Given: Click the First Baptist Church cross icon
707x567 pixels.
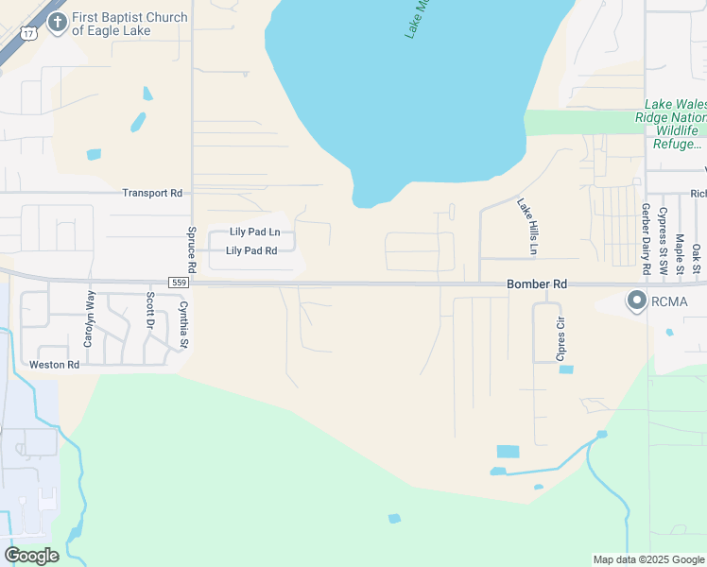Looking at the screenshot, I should coord(58,23).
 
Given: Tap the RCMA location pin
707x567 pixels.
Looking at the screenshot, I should coord(636,301).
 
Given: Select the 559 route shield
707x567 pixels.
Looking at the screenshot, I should coord(179,283).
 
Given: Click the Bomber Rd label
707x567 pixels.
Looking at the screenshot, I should coord(537,283).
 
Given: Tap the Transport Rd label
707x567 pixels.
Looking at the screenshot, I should coord(151,193).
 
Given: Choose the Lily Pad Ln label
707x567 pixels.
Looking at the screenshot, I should coord(255,232).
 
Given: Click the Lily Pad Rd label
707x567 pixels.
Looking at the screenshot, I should coord(251,250).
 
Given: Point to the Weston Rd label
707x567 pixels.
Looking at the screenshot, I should coord(54,365).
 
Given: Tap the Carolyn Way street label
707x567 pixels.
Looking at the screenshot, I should coord(90,318).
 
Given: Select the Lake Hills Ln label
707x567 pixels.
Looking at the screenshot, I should coord(526,226).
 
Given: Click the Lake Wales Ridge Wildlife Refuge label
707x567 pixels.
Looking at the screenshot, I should coord(675,124).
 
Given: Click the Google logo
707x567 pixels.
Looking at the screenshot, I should coord(31,555).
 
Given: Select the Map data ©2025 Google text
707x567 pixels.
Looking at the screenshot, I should coord(647,559).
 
